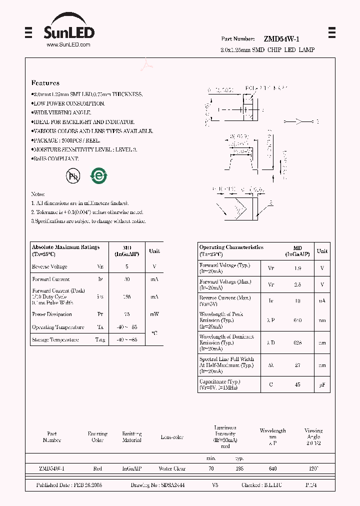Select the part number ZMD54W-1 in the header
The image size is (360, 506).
[281, 39]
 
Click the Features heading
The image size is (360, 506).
[45, 83]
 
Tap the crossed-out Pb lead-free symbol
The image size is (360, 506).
[73, 175]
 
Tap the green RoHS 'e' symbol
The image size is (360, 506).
[98, 175]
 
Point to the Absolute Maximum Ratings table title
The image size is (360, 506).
[65, 247]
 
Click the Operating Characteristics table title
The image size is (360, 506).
[231, 247]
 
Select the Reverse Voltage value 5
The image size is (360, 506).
[127, 267]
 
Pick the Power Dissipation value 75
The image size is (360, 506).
[127, 314]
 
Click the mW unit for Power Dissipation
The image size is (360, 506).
[154, 314]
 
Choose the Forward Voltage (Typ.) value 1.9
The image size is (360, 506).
[297, 268]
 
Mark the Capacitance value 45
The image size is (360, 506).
[297, 384]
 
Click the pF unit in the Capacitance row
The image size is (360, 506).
[322, 384]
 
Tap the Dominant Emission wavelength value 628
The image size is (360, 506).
[297, 343]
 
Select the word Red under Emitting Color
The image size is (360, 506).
[97, 469]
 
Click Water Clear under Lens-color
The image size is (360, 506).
[172, 469]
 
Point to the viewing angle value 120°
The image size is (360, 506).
[313, 469]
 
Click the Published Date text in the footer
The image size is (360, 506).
[69, 485]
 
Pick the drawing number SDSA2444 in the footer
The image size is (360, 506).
[172, 485]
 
